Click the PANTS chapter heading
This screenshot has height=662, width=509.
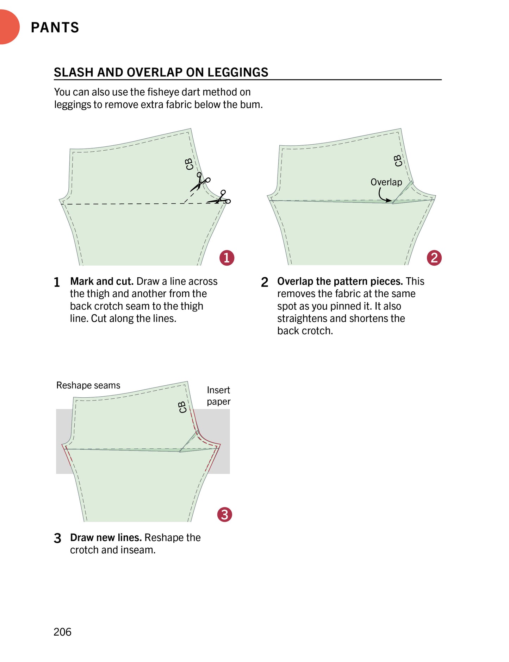click(55, 27)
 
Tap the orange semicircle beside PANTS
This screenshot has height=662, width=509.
click(8, 27)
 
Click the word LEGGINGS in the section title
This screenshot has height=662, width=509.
click(238, 72)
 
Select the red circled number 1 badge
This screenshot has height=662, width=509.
click(227, 258)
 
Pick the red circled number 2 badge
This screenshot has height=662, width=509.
click(434, 258)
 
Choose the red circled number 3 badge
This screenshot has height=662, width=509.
click(225, 515)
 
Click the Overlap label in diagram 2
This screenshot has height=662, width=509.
click(386, 182)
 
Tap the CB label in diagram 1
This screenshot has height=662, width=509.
click(189, 164)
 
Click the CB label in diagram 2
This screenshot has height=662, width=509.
click(398, 160)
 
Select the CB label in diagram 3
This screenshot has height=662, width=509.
click(182, 407)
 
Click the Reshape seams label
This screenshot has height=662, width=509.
click(88, 385)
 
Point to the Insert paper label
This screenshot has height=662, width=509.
click(218, 396)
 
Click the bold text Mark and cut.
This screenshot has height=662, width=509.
click(102, 281)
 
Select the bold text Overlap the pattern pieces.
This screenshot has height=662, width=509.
click(340, 281)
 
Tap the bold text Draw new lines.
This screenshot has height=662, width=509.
click(106, 537)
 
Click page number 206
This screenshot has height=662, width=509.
click(62, 632)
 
